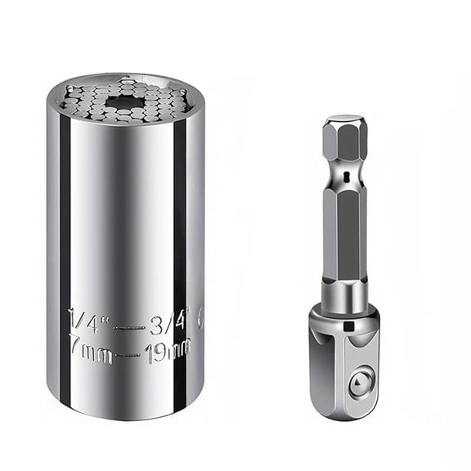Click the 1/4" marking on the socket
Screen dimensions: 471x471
pyautogui.click(x=87, y=315)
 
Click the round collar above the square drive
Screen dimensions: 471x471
pyautogui.click(x=343, y=296)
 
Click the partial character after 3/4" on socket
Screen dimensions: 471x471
pyautogui.click(x=199, y=315)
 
